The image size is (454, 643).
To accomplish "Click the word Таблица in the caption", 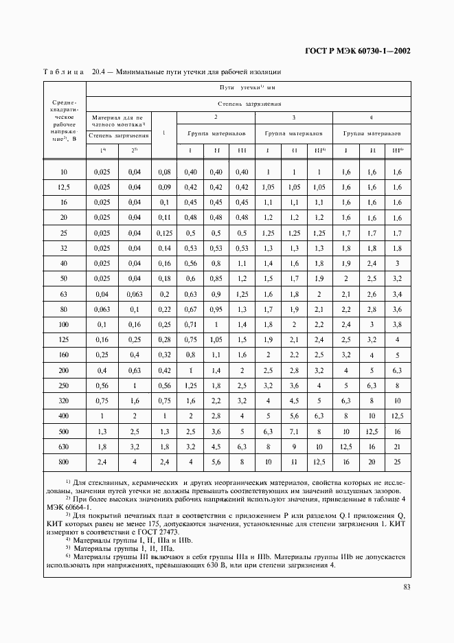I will pos(63,71).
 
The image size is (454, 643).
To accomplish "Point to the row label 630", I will pos(64,447).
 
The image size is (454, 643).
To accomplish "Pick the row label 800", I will pos(64,462).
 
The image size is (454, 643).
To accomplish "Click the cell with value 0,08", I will pos(163,171).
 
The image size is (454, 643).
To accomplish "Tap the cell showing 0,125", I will pos(163,234).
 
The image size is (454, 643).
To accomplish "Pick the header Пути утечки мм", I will pos(248,88).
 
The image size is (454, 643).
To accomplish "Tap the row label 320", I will pos(64,401).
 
